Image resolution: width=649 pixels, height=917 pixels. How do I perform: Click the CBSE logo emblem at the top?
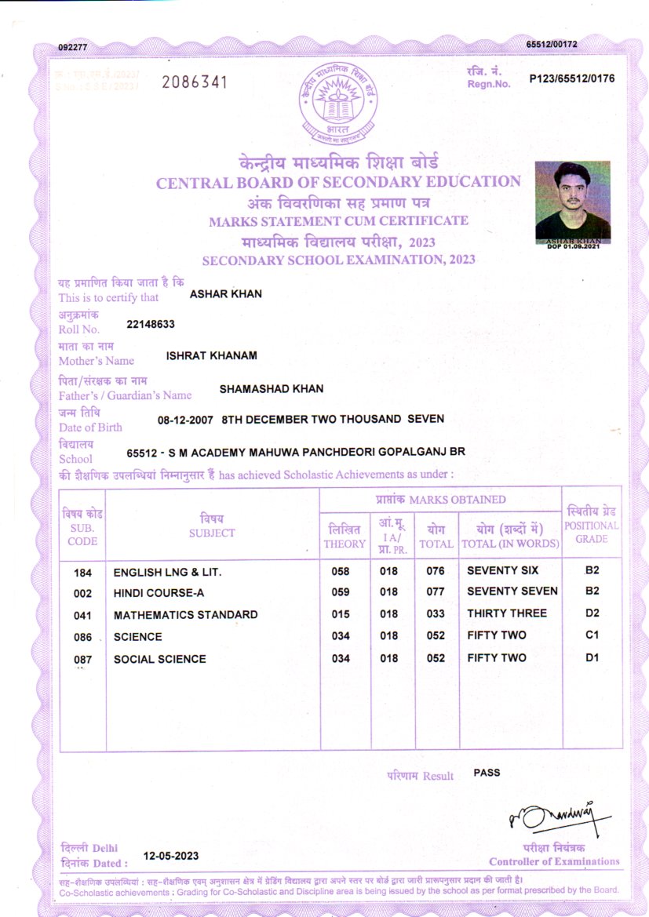coord(338,105)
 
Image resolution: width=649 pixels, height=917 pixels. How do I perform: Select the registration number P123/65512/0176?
coord(572,78)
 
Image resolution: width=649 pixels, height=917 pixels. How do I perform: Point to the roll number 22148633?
coord(151,322)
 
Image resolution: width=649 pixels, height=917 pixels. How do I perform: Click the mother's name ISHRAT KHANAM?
coord(212,355)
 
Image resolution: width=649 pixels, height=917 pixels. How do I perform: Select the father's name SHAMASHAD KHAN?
coord(272,388)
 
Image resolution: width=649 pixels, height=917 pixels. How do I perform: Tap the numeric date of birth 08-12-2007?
coord(186,420)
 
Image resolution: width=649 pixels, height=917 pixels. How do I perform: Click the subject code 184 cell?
coord(82,571)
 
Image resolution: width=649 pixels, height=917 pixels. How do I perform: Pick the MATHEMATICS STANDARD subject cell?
coord(185,615)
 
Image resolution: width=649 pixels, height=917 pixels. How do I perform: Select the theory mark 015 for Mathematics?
coord(341,614)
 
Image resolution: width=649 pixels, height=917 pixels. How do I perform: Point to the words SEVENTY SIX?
coord(503,570)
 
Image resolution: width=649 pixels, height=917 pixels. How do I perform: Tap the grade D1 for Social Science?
coord(592,657)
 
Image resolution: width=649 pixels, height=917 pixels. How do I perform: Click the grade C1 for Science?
coord(592,635)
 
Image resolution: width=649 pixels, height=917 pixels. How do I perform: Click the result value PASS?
coord(487,773)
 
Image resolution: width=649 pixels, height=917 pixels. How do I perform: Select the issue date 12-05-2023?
coord(171,855)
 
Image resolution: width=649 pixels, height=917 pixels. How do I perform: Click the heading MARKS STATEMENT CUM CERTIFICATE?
coord(338,221)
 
